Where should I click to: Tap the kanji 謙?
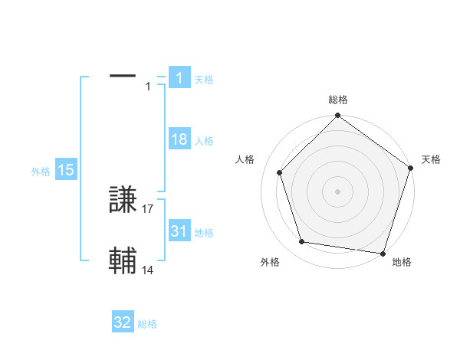(123, 201)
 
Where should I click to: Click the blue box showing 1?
(179, 78)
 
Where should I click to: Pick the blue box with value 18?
(179, 140)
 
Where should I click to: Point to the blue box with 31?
(179, 231)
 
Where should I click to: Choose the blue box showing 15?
(66, 171)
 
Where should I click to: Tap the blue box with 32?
(123, 323)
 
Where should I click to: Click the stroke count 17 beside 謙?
(148, 208)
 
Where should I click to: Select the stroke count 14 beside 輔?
(148, 269)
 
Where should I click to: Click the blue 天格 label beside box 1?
(204, 79)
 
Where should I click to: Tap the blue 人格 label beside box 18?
(204, 141)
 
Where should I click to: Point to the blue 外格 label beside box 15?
(41, 172)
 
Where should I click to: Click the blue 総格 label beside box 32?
(147, 324)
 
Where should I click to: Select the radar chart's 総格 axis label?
(338, 100)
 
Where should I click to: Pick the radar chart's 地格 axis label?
(402, 262)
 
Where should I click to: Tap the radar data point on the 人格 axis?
(280, 172)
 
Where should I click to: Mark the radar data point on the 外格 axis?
(303, 242)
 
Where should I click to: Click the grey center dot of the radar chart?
(338, 191)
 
